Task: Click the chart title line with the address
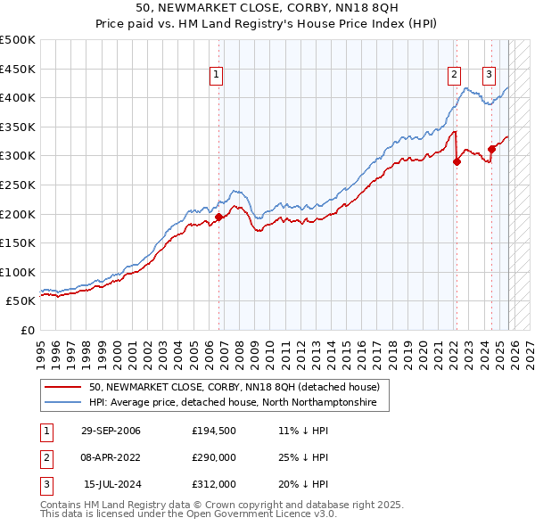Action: tap(267, 8)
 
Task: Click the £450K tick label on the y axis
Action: tap(18, 69)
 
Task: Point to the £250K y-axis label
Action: tap(18, 185)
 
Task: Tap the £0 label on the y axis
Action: tap(29, 330)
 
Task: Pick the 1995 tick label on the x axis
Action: tap(41, 349)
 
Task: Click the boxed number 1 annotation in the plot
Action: tap(217, 76)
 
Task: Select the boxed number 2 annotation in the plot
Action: tap(454, 76)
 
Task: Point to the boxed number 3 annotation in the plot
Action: tap(490, 76)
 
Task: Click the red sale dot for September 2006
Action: tap(219, 217)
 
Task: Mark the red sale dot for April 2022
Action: tap(457, 161)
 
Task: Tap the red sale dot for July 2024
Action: tap(491, 149)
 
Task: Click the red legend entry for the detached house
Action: tap(235, 387)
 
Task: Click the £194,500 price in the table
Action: tap(214, 431)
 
